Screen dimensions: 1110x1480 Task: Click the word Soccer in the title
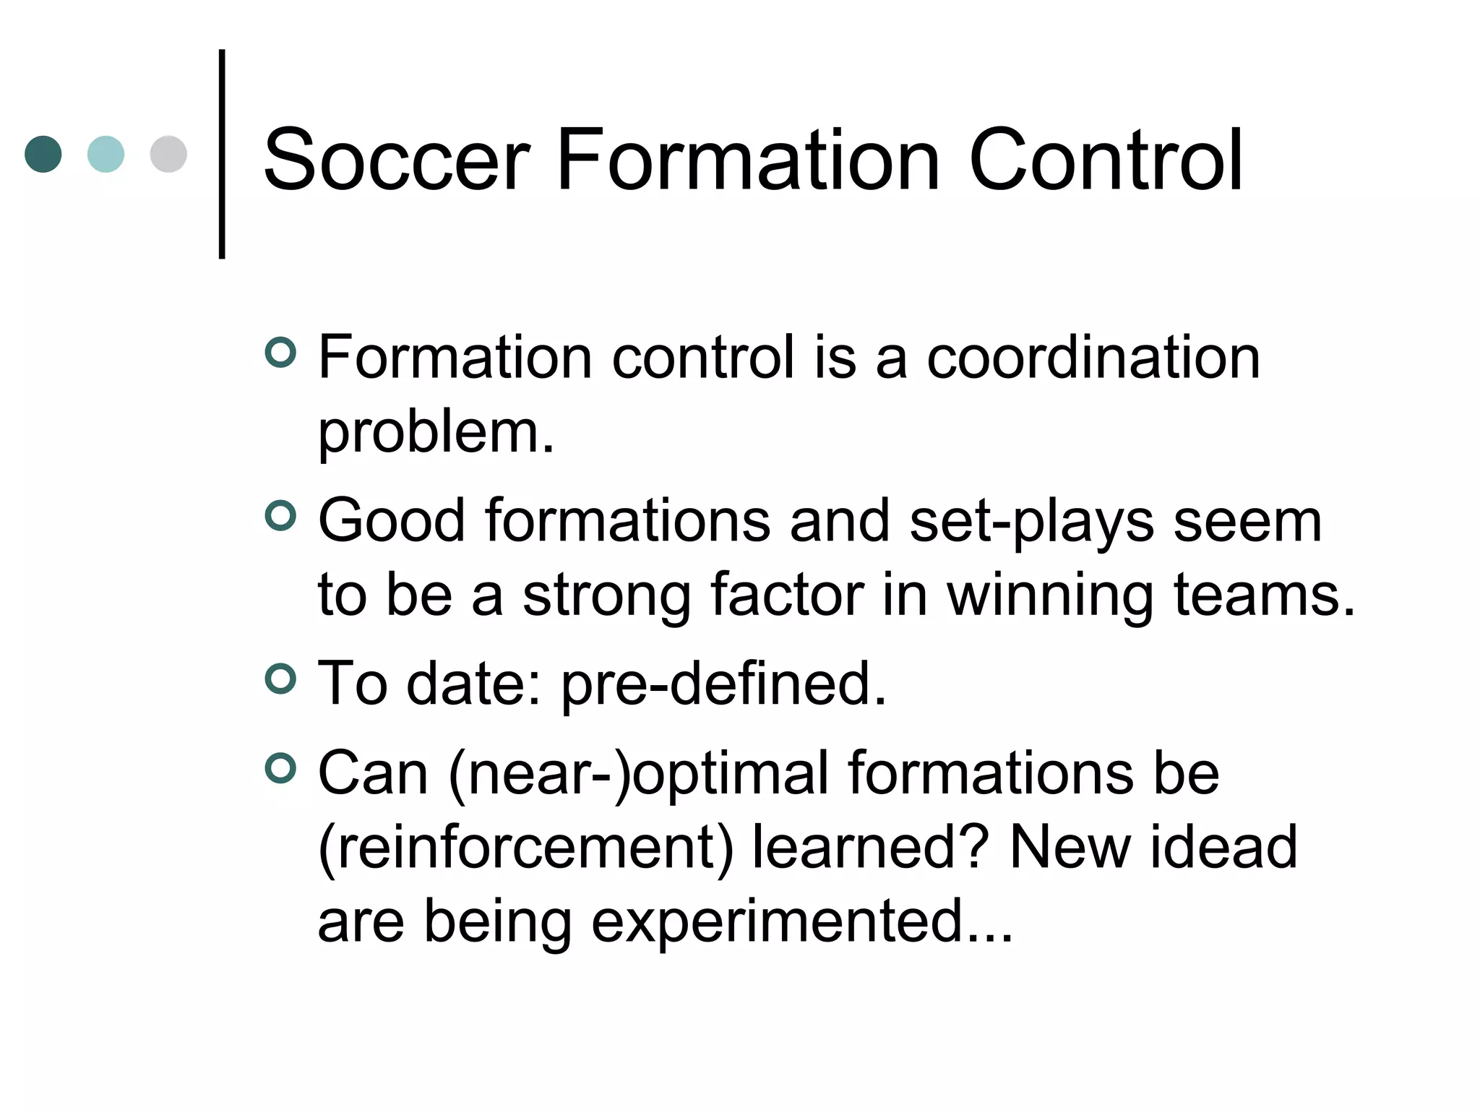click(x=397, y=160)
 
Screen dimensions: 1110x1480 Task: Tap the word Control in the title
click(x=1105, y=160)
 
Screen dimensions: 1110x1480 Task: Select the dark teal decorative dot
click(x=43, y=154)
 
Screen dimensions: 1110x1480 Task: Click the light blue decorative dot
click(x=106, y=154)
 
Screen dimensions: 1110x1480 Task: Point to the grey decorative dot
click(x=168, y=154)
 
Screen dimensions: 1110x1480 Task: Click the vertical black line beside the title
click(x=222, y=153)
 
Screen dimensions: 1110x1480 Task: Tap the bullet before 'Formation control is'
click(x=280, y=353)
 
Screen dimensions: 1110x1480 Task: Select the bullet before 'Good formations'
click(x=280, y=516)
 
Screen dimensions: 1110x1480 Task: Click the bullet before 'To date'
click(x=280, y=679)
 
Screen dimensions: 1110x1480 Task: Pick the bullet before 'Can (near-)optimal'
click(x=280, y=769)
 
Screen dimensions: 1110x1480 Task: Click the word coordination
click(x=1093, y=358)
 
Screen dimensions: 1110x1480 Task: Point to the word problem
click(x=436, y=434)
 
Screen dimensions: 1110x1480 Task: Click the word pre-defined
click(x=723, y=685)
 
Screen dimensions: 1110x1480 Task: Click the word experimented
click(x=802, y=922)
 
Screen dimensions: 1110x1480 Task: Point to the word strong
click(x=606, y=597)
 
